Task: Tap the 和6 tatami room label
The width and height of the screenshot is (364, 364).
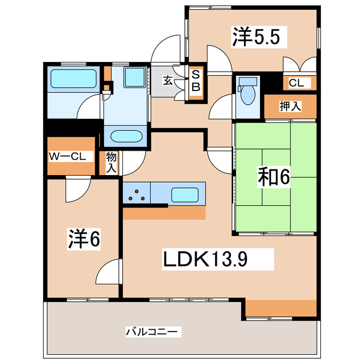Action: pos(274,177)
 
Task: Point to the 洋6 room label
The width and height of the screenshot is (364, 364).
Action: pos(85,239)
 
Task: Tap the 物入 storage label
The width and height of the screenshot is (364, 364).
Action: pos(111,163)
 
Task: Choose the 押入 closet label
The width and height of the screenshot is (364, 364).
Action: pos(289,105)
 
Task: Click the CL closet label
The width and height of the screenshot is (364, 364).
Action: pos(296,83)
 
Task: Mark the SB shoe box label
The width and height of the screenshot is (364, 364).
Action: pos(195,80)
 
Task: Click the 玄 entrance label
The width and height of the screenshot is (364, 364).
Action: pos(168,80)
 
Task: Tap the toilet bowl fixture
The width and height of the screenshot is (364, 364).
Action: pos(247,93)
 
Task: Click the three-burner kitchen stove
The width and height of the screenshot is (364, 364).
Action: pos(136,195)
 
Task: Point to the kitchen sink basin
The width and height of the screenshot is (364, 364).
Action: pos(185,194)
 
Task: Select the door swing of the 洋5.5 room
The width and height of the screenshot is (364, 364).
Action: pos(219,58)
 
